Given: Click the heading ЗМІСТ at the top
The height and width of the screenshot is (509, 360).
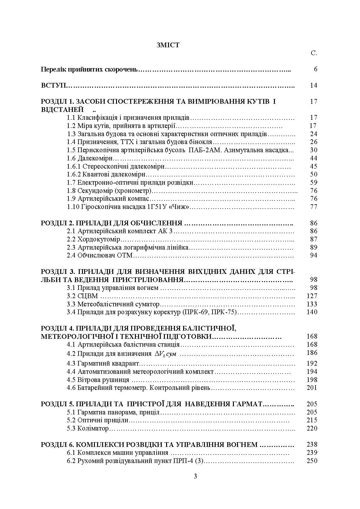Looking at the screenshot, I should pyautogui.click(x=168, y=45).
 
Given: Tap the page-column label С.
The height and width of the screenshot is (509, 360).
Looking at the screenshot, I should pyautogui.click(x=314, y=53).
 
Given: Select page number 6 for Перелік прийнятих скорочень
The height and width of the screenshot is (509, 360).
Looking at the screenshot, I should pyautogui.click(x=316, y=69).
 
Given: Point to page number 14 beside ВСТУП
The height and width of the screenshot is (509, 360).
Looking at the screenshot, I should pyautogui.click(x=313, y=85).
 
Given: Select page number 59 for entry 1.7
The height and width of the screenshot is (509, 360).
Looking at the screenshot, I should pyautogui.click(x=313, y=182).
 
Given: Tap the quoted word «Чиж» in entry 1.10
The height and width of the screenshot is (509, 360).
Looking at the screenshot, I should pyautogui.click(x=181, y=207).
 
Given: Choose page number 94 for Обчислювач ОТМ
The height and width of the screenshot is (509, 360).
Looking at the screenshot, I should pyautogui.click(x=313, y=255).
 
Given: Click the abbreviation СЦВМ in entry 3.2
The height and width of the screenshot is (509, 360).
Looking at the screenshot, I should pyautogui.click(x=88, y=296).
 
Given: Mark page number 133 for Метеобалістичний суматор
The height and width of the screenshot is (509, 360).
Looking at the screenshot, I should pyautogui.click(x=312, y=304).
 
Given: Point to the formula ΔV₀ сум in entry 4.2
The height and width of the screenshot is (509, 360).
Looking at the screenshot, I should pyautogui.click(x=165, y=354).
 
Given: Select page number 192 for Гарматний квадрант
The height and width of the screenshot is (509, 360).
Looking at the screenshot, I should pyautogui.click(x=312, y=363).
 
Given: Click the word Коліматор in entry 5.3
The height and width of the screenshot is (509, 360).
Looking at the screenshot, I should pyautogui.click(x=93, y=428).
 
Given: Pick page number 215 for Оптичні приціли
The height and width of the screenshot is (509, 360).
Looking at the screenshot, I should pyautogui.click(x=312, y=420).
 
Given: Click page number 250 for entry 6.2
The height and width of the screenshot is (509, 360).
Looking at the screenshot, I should pyautogui.click(x=312, y=461).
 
